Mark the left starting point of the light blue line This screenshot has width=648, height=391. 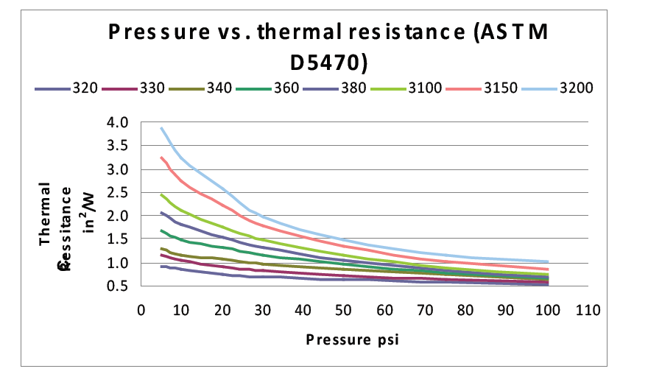click(x=161, y=127)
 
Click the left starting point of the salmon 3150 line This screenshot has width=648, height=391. click(x=161, y=157)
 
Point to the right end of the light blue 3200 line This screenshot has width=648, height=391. click(x=549, y=261)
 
